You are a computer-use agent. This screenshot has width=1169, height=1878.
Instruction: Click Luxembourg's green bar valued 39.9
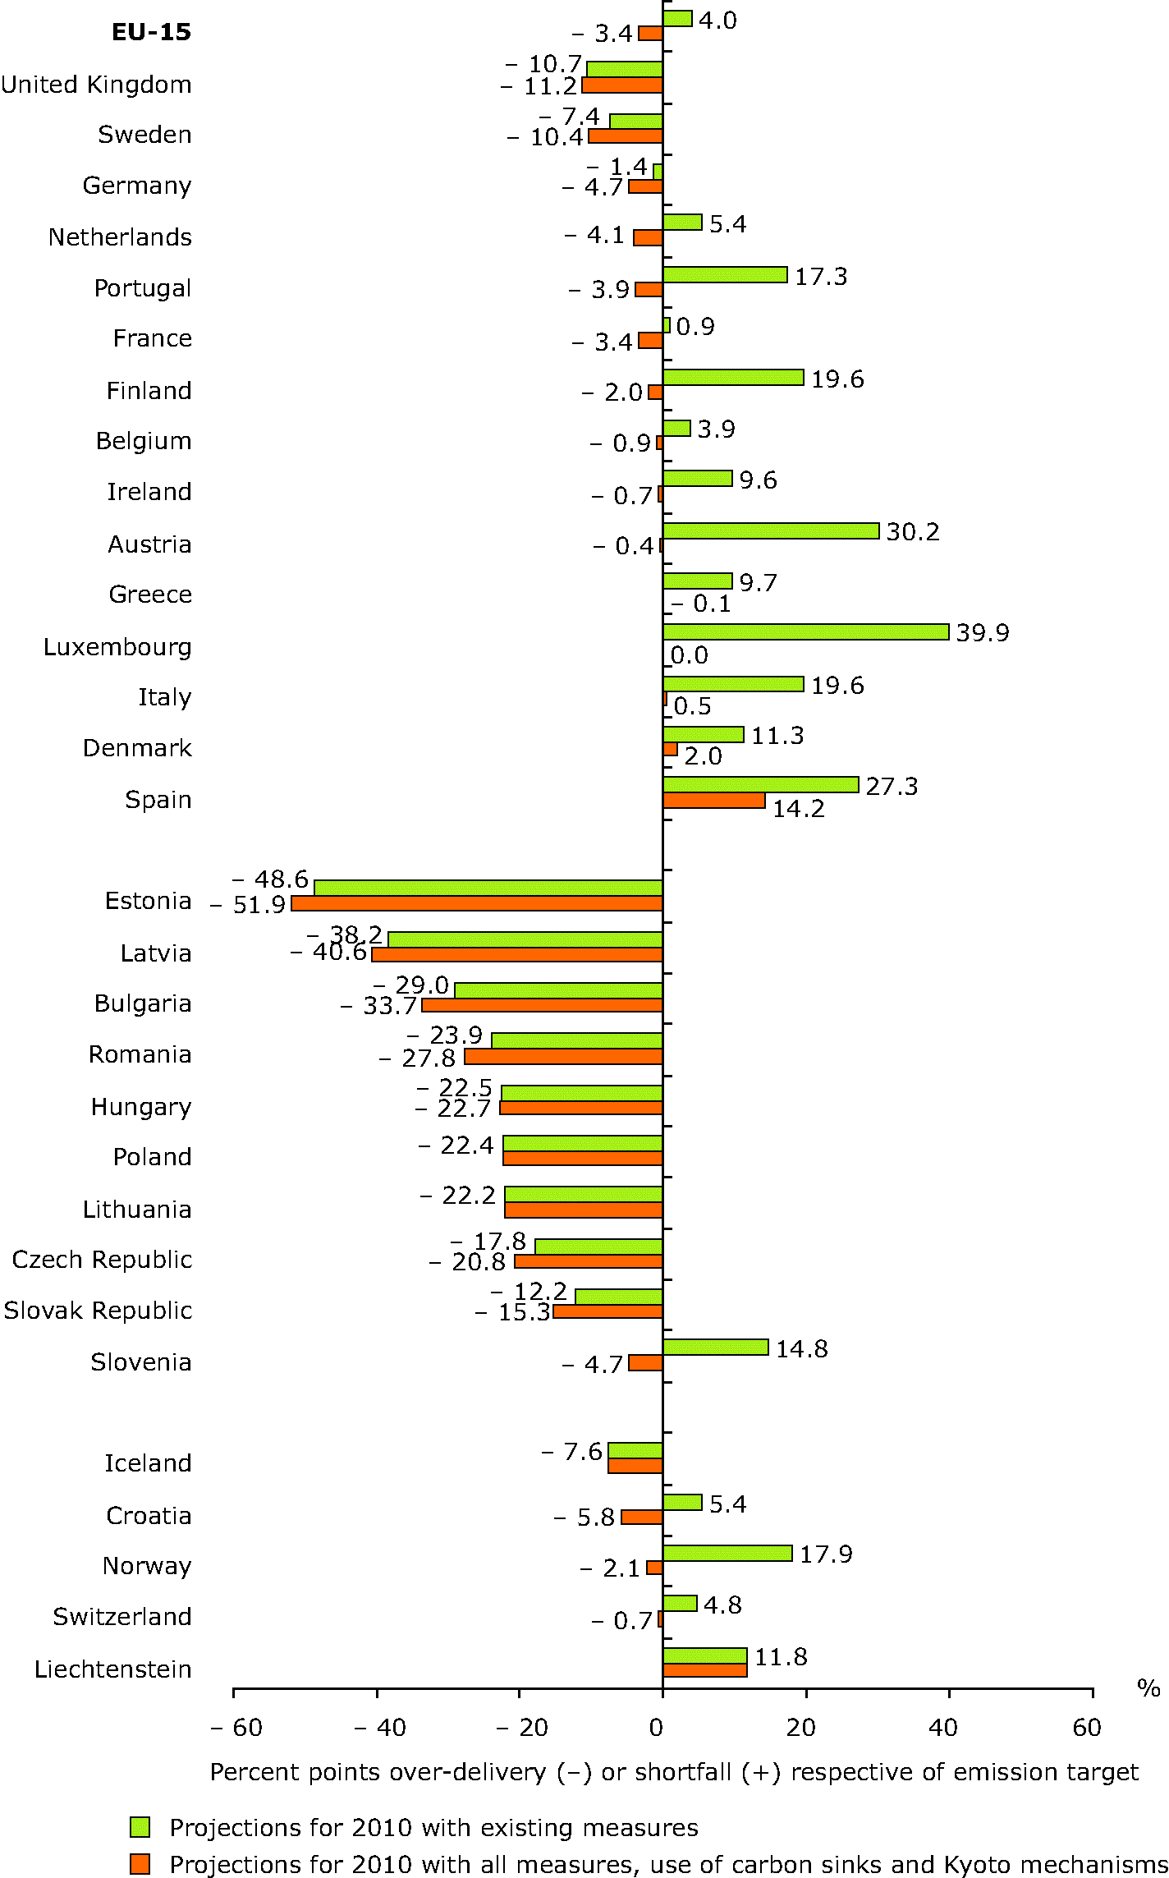point(805,631)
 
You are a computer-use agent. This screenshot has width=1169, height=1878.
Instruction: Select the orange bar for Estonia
point(477,903)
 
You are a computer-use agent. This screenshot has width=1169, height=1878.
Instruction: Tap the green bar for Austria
point(771,530)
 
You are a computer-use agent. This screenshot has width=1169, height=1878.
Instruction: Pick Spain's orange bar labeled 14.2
point(714,801)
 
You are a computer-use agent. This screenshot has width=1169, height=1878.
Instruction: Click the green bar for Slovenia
point(716,1347)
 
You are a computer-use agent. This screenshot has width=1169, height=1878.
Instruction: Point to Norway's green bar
point(727,1553)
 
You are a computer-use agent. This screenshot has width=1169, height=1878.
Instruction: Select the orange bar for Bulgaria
point(542,1005)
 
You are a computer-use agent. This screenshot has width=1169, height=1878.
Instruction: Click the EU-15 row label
point(151,32)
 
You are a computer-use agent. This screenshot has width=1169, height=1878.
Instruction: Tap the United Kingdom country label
point(96,84)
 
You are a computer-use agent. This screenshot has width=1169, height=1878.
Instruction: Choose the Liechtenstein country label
point(113,1669)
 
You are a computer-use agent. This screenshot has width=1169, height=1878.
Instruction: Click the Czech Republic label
point(102,1259)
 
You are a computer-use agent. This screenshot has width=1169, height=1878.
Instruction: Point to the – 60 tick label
point(236,1728)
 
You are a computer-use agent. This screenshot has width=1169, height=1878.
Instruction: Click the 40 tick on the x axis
point(943,1728)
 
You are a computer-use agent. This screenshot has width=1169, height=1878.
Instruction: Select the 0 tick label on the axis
point(656,1728)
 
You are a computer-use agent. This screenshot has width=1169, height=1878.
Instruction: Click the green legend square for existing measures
point(140,1827)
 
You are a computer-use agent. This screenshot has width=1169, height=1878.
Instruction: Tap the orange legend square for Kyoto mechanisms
point(140,1864)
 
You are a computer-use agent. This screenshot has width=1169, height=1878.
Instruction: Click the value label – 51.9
point(248,904)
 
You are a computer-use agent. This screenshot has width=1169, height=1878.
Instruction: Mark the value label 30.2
point(913,531)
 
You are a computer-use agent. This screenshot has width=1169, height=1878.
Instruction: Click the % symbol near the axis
point(1148,1688)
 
